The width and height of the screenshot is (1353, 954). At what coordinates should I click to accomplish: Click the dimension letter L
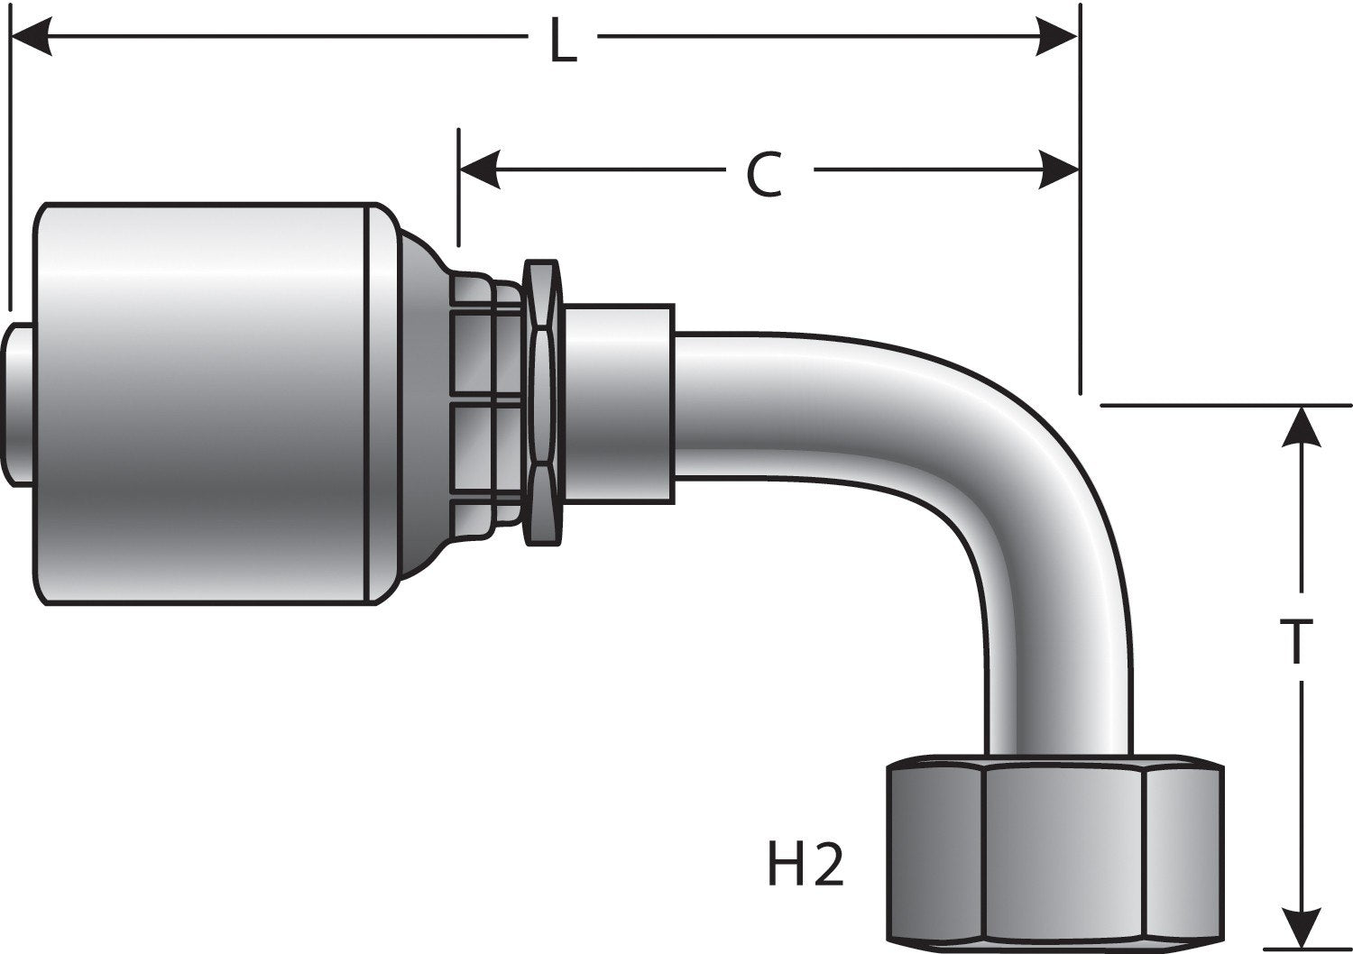(563, 43)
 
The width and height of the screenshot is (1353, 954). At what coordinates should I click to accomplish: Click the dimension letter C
(764, 174)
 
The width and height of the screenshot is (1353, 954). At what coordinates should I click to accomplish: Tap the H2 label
(805, 867)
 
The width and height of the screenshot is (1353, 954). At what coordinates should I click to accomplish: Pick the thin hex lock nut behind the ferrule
(540, 402)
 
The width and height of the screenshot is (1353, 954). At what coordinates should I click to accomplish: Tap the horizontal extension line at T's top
(1227, 405)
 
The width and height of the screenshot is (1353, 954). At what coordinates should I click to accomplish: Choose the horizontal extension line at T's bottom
(1308, 949)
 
